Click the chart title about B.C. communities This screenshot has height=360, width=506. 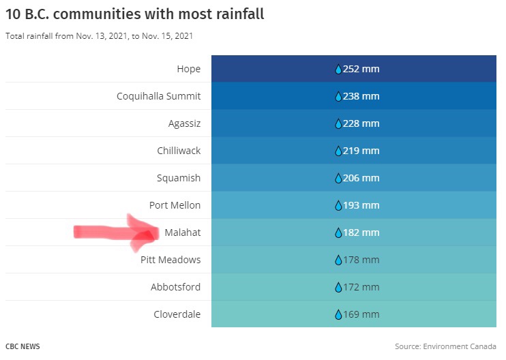click(x=134, y=14)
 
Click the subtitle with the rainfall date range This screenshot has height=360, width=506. click(x=99, y=35)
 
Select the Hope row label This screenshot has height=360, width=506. click(x=188, y=69)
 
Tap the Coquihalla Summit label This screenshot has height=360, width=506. click(x=158, y=96)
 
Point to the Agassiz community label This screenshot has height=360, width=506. click(x=184, y=123)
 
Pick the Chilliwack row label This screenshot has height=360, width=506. click(x=179, y=151)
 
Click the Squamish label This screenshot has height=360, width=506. click(x=179, y=178)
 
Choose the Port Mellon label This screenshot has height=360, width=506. click(x=175, y=205)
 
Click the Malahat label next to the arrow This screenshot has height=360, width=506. click(x=183, y=232)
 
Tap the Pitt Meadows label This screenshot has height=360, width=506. click(x=170, y=260)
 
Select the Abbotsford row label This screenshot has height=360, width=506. click(x=176, y=287)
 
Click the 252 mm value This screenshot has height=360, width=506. click(x=357, y=69)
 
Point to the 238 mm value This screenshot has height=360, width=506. click(x=357, y=96)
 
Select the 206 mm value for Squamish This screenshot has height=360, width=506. click(x=357, y=178)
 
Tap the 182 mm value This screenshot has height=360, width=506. click(x=357, y=232)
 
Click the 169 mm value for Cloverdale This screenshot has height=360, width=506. click(x=357, y=314)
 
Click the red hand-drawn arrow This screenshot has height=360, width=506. click(x=116, y=232)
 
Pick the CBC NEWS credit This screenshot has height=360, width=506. click(x=23, y=346)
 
